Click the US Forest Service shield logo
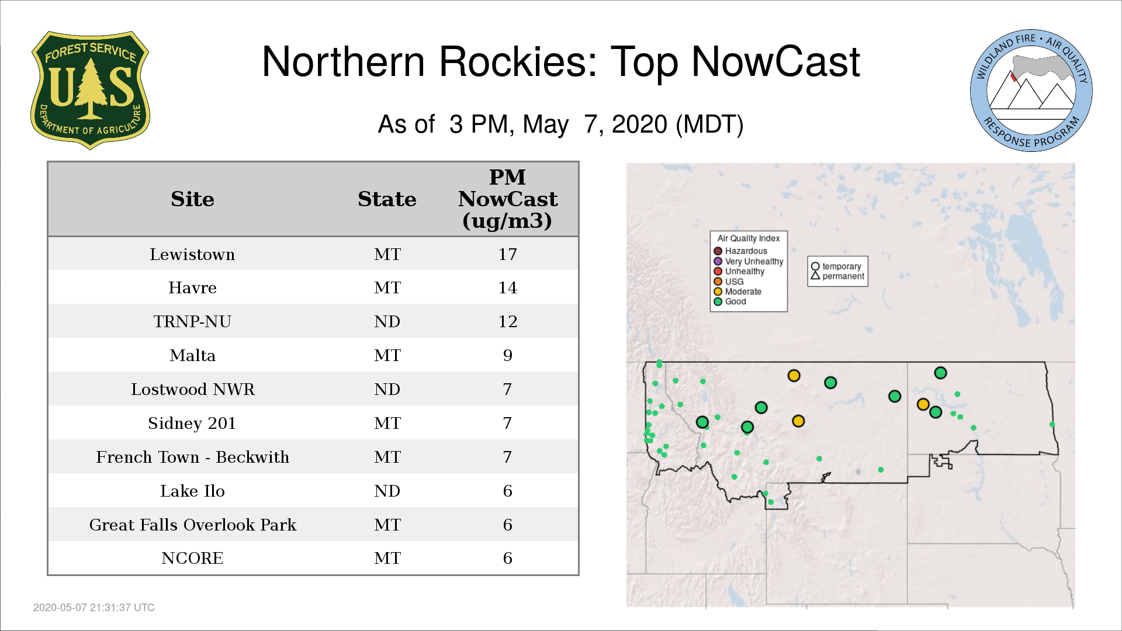[x=90, y=90]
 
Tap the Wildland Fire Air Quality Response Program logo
[x=1031, y=91]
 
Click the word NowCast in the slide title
[x=775, y=61]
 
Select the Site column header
[x=192, y=199]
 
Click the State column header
[x=387, y=199]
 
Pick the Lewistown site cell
[x=192, y=254]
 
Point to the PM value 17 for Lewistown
[x=507, y=254]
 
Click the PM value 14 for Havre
[x=507, y=287]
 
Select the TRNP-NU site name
[x=192, y=321]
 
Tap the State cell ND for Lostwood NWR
[x=387, y=389]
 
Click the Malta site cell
[x=192, y=355]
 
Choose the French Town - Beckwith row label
[x=192, y=457]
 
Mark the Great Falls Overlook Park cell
[x=192, y=525]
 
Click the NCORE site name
[x=192, y=558]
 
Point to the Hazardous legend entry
[x=740, y=251]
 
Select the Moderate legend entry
[x=737, y=292]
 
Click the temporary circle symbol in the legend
[x=815, y=266]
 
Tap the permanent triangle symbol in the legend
[x=815, y=275]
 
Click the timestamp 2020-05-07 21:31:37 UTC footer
[x=94, y=608]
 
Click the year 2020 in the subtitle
[x=639, y=124]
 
